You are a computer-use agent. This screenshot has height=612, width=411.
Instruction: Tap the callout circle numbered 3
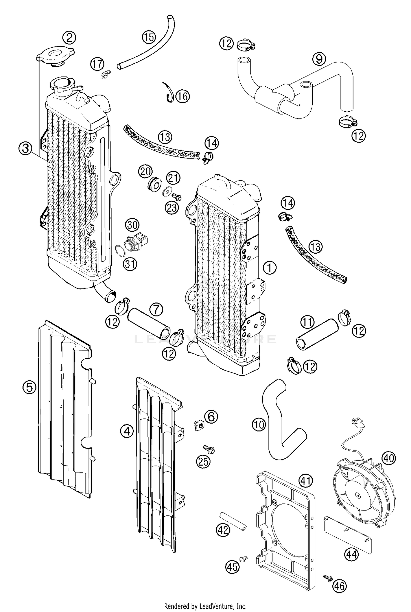(x=25, y=149)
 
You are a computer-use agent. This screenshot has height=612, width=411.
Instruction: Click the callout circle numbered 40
(x=389, y=458)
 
